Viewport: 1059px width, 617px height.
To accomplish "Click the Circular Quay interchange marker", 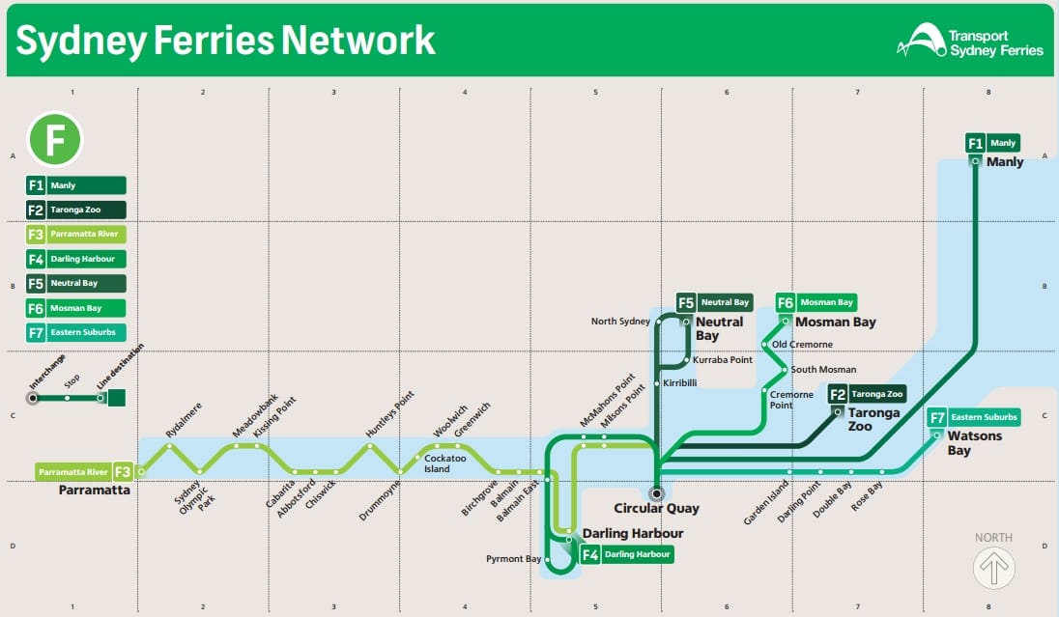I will point(656,492).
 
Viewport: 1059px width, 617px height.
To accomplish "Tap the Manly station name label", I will point(1004,162).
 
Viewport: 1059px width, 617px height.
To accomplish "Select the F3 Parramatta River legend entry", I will point(76,235).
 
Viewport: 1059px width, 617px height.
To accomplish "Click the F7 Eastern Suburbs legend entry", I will point(76,333).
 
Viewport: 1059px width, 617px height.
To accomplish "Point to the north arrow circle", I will point(994,568).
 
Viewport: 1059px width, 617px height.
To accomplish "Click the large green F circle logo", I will point(54,139).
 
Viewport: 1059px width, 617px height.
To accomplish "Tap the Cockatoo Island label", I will point(444,463).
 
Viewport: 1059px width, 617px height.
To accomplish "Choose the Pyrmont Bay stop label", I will point(514,559).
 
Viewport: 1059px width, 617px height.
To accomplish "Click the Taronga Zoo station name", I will point(873,419).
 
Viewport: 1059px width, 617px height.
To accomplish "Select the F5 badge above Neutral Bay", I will point(686,302).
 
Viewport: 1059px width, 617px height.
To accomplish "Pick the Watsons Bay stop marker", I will point(935,435).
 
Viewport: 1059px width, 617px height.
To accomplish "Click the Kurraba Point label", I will point(722,360).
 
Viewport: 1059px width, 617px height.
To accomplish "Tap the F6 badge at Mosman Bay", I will point(785,302).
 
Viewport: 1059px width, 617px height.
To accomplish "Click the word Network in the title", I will point(358,41).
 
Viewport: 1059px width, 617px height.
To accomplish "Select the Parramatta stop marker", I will point(141,472).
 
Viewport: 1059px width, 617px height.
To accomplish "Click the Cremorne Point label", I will point(791,400).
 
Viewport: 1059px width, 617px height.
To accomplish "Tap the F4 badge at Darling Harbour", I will point(589,555).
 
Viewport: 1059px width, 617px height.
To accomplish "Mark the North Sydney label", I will point(621,322).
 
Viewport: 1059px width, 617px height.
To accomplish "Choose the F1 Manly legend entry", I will point(76,185).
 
